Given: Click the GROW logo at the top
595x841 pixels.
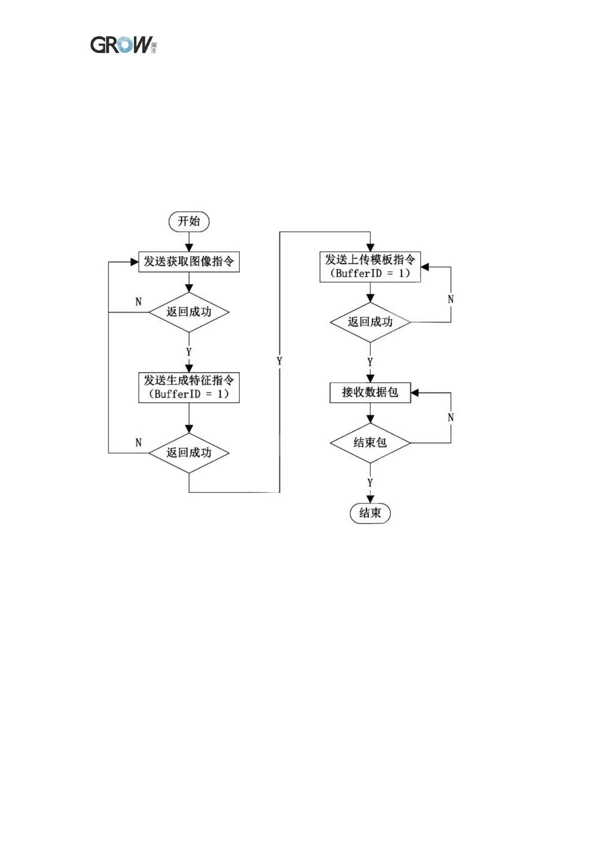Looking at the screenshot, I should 123,45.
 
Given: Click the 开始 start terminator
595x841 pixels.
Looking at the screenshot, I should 189,221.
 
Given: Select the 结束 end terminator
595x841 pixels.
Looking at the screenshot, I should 370,513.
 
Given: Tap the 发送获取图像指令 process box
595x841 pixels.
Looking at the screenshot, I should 189,262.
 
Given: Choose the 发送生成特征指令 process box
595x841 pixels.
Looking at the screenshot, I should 189,387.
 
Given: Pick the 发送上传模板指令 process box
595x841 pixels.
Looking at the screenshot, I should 370,267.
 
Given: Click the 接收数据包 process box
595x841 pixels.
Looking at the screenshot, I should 370,393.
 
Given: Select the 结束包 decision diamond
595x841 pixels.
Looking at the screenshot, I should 370,442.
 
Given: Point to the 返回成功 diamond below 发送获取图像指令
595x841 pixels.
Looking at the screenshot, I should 189,312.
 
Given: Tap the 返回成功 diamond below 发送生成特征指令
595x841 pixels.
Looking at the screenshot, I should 189,452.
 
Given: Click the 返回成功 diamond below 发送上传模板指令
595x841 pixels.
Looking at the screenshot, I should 370,322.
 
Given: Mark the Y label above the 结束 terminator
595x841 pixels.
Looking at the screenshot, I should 370,483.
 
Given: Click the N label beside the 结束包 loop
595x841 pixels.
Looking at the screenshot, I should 451,418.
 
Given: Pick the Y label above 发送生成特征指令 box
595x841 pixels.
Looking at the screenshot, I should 189,352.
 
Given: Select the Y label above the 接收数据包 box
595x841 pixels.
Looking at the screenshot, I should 370,362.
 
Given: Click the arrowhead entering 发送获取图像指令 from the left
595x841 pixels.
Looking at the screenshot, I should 134,262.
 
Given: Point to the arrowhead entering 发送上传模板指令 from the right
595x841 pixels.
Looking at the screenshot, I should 425,267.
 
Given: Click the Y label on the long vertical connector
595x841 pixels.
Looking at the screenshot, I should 279,361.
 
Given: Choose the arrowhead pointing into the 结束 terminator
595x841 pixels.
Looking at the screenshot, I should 370,499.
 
